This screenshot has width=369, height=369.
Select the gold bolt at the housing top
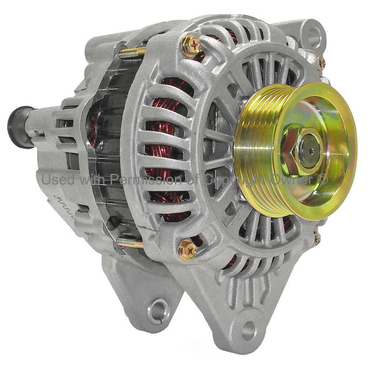[191, 45]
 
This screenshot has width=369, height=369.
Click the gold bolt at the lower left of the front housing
[187, 250]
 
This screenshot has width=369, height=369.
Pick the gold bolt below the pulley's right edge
[316, 238]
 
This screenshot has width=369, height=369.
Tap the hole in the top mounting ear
[314, 37]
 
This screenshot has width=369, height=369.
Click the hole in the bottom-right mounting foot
[248, 330]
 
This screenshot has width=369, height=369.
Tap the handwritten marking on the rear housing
[61, 202]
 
